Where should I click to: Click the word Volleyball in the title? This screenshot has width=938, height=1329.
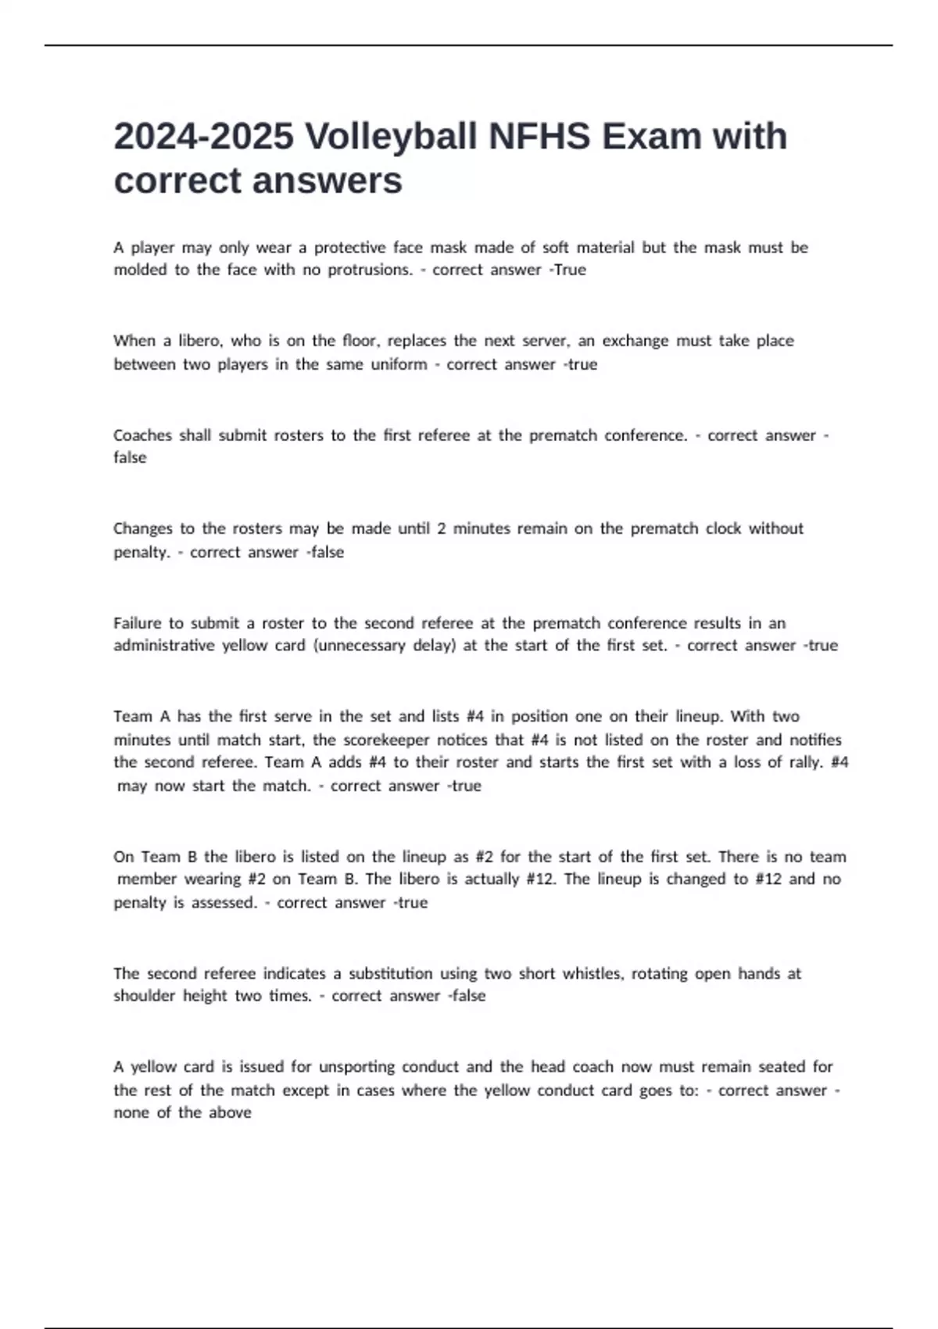point(391,137)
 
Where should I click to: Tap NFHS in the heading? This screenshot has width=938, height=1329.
point(539,137)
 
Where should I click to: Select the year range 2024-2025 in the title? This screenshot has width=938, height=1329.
point(204,137)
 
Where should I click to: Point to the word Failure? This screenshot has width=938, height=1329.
point(137,623)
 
